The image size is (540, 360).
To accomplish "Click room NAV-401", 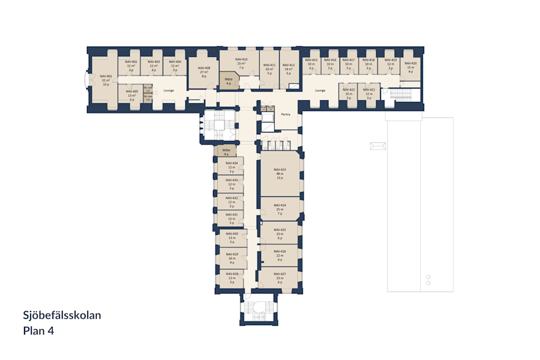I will tap(106, 80).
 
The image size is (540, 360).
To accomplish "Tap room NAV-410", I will tap(241, 64).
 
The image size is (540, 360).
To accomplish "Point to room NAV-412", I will tap(289, 69).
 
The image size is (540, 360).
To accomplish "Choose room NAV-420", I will tap(410, 67).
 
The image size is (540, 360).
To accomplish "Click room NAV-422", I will tap(349, 94).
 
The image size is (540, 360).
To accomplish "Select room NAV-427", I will tap(280, 277).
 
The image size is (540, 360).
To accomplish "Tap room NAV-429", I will tap(232, 258).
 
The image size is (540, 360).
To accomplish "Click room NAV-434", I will tap(232, 167).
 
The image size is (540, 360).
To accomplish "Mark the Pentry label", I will tap(286, 114).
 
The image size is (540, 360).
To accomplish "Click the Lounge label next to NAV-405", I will tap(169, 90).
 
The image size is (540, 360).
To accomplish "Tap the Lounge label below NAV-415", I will tap(320, 91).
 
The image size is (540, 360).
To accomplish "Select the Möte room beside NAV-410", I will tap(229, 81).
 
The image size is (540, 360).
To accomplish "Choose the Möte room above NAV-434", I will tap(226, 152).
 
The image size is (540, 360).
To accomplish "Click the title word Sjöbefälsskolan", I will tap(62, 315).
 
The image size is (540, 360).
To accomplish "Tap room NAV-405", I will tap(131, 95).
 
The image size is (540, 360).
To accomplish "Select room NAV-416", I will tap(330, 64).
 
